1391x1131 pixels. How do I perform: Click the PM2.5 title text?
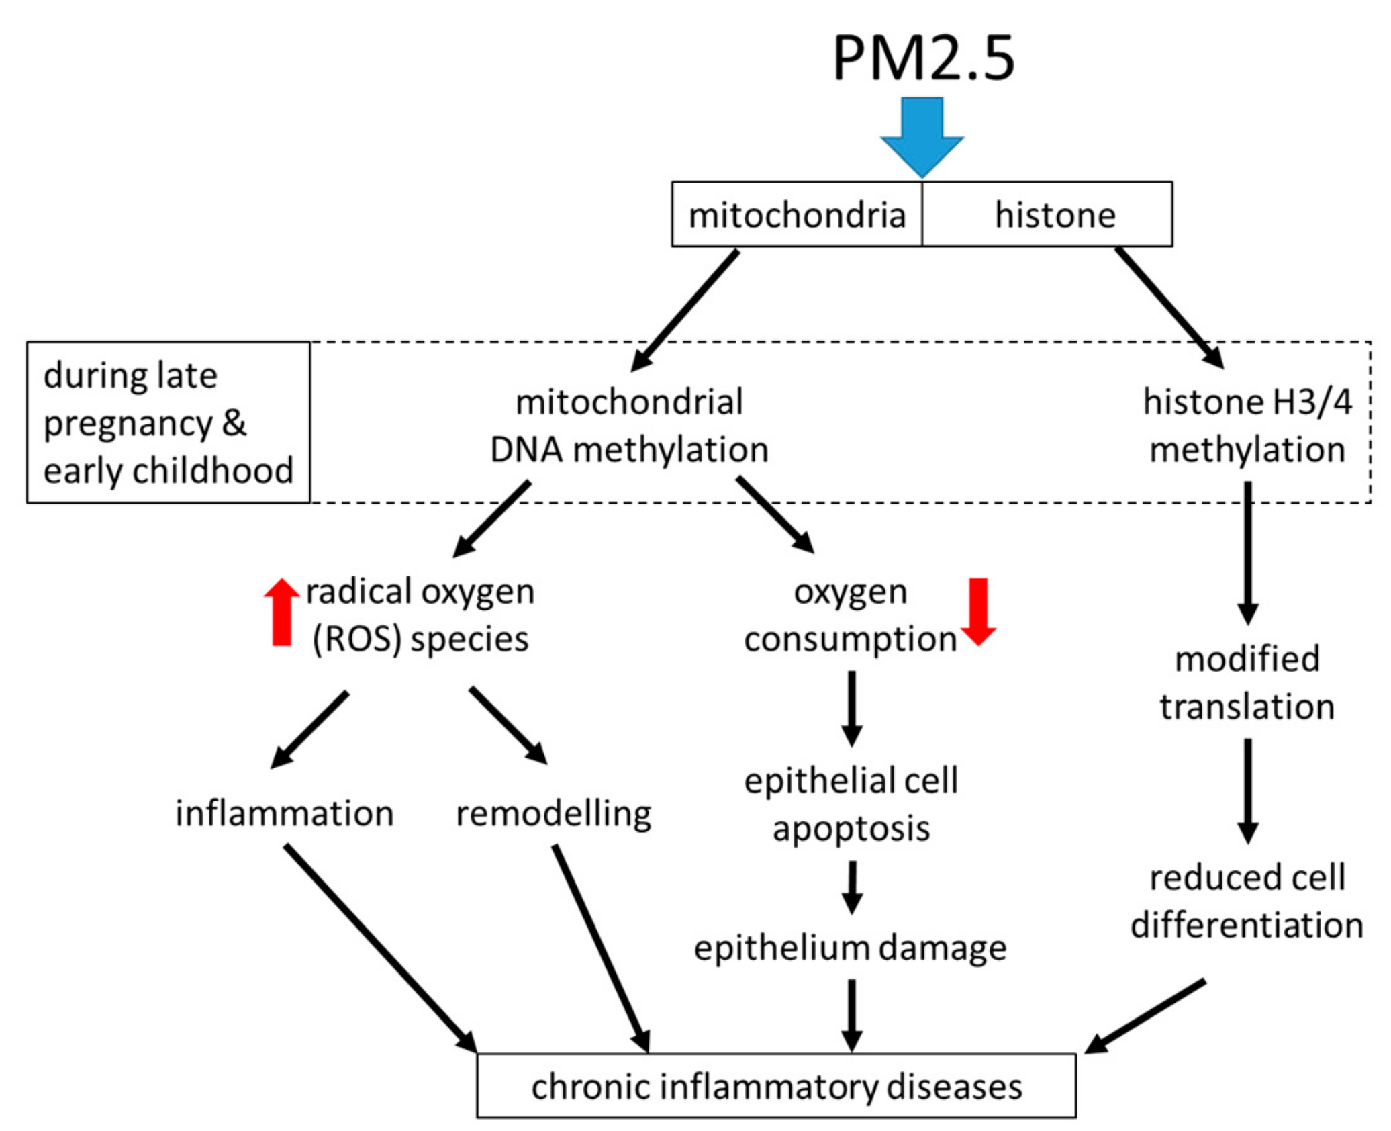(923, 59)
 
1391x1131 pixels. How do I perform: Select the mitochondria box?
(797, 215)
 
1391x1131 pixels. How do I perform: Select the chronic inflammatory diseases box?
(776, 1086)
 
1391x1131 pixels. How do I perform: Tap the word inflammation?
(284, 813)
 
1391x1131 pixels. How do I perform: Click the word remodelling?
(553, 813)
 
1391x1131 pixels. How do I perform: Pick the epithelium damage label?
(850, 948)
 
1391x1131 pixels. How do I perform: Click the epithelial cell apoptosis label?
(851, 804)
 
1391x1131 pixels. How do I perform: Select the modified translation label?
(1247, 682)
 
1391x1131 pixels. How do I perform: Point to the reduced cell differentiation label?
(1247, 901)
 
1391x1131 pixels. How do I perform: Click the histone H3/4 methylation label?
(1247, 425)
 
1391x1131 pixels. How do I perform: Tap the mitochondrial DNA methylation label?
(629, 425)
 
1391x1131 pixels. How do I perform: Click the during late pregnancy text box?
(168, 422)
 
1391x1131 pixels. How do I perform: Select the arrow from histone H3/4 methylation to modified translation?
(1247, 551)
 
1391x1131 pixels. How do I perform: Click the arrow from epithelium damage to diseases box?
(851, 1014)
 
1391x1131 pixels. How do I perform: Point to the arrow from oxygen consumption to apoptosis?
(851, 707)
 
